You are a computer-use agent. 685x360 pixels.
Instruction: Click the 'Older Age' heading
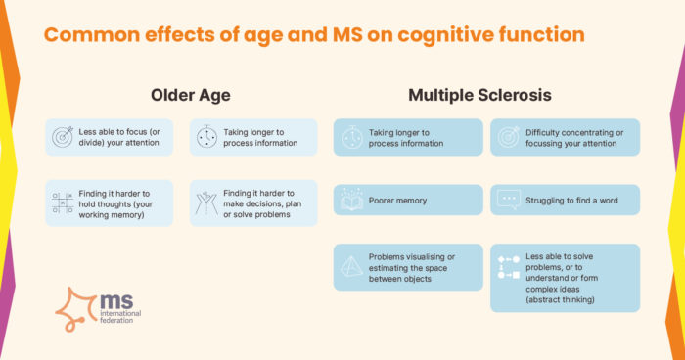tap(191, 96)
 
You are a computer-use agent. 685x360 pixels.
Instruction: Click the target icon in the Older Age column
tap(63, 137)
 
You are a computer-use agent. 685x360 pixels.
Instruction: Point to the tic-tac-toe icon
tap(63, 202)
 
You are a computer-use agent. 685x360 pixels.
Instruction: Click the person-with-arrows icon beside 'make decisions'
tap(206, 202)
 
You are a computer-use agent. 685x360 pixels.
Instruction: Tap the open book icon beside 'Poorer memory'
tap(349, 201)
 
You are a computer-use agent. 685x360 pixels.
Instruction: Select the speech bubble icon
tap(508, 201)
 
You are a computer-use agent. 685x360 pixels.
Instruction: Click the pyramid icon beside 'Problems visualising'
tap(349, 265)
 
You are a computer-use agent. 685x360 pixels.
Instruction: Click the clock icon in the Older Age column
tap(206, 137)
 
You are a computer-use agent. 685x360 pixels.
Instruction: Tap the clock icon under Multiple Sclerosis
tap(349, 137)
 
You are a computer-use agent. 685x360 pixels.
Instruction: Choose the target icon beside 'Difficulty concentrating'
tap(508, 137)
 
